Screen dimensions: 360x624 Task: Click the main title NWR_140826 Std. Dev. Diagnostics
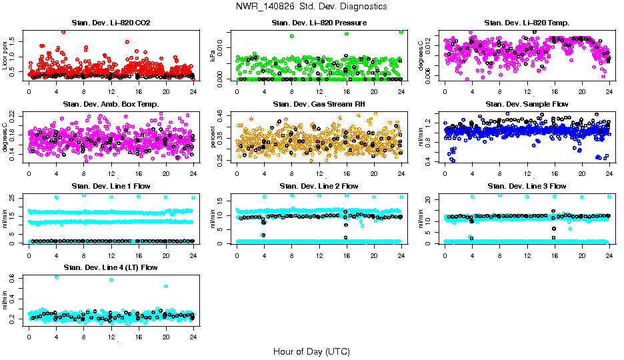(311, 7)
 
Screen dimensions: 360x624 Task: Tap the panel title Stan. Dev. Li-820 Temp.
(527, 23)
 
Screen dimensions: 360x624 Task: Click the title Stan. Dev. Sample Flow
(527, 104)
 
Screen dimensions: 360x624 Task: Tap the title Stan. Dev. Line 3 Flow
(527, 186)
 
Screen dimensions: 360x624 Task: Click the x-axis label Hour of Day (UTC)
(311, 351)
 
